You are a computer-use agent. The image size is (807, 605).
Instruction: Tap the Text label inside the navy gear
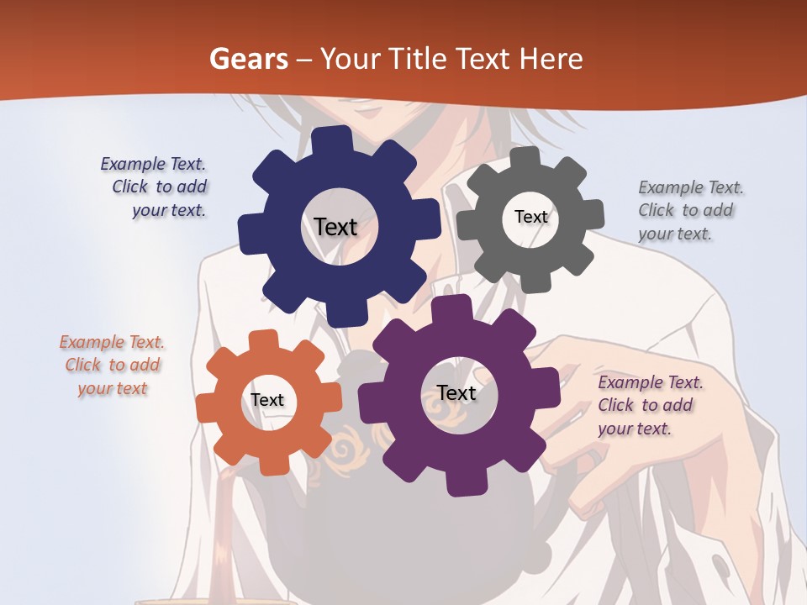(x=335, y=227)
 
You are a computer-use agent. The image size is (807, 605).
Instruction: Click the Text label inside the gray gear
(x=530, y=217)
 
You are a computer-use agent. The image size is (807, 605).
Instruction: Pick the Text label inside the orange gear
(x=267, y=401)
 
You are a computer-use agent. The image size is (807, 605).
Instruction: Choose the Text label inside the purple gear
(x=456, y=393)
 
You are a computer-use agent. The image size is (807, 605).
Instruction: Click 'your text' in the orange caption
(x=113, y=388)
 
